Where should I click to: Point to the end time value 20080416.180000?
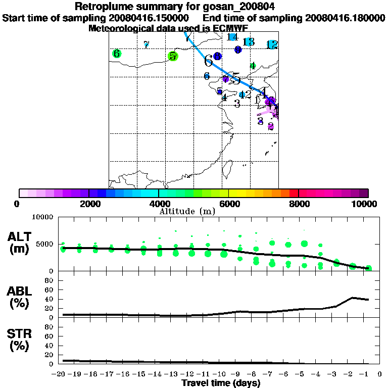point(345,18)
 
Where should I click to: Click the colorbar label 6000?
point(229,204)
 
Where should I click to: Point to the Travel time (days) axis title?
point(221,383)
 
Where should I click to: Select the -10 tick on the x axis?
point(221,374)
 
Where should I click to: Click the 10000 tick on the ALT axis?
point(43,217)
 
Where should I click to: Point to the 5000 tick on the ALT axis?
point(45,245)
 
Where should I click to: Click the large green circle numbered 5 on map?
point(173,56)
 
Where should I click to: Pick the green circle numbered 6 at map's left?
point(117,54)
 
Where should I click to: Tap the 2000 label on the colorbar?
point(89,204)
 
